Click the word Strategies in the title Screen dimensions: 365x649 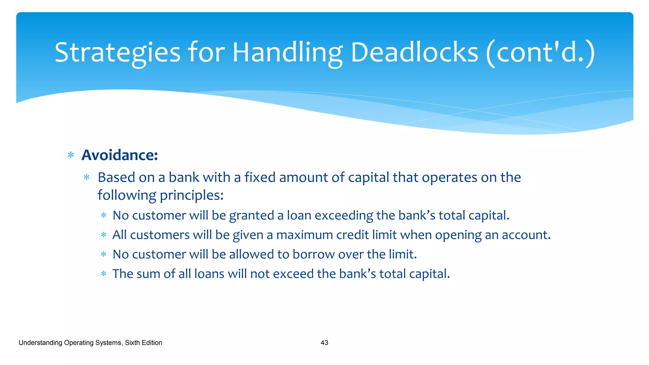coord(117,52)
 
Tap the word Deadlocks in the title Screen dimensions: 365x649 coord(414,52)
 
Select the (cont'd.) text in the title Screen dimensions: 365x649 coord(541,52)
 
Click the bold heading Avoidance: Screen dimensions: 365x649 coord(119,155)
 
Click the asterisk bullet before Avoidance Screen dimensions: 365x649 coord(71,155)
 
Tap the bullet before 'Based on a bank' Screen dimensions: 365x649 coord(87,177)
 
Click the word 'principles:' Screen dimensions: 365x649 coord(192,195)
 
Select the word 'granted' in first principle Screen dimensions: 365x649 coord(251,216)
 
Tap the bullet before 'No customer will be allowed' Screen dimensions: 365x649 coord(103,254)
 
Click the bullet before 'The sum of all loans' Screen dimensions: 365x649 coord(103,274)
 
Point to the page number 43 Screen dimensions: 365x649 coord(324,343)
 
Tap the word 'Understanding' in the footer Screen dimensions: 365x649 coord(40,343)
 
